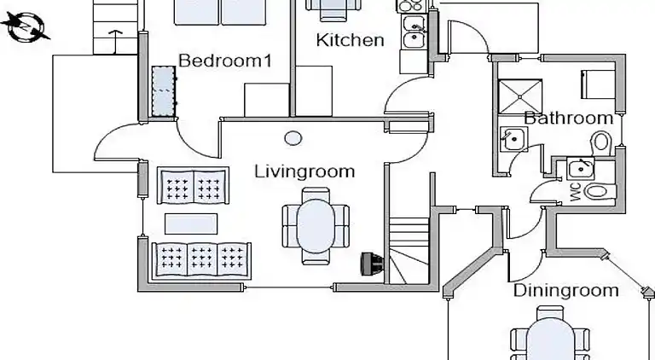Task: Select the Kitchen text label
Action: pyautogui.click(x=350, y=40)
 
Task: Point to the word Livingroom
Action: pyautogui.click(x=304, y=171)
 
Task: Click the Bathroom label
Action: pyautogui.click(x=568, y=118)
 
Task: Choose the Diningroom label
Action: pyautogui.click(x=565, y=291)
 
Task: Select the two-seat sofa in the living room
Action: pyautogui.click(x=193, y=185)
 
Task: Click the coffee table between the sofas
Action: pyautogui.click(x=191, y=223)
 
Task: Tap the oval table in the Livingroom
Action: pyautogui.click(x=316, y=223)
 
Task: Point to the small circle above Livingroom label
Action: pyautogui.click(x=294, y=137)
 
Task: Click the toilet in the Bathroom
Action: pyautogui.click(x=602, y=141)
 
